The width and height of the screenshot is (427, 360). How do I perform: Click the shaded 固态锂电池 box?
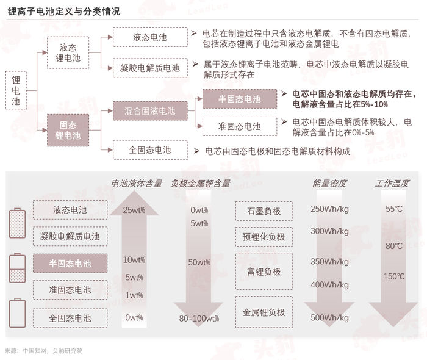tap(68, 130)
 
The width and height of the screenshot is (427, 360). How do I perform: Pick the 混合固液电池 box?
tap(149, 111)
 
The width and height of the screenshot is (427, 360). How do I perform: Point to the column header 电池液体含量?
tap(137, 182)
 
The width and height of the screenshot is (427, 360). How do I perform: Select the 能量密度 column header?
tap(329, 182)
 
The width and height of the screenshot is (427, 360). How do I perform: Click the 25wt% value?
tap(134, 210)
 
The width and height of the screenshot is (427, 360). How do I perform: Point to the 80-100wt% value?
tap(199, 318)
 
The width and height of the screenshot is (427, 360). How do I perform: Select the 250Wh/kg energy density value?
tap(329, 209)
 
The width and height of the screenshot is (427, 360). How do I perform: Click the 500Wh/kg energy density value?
tap(329, 317)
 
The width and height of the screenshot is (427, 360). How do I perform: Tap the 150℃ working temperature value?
tap(394, 276)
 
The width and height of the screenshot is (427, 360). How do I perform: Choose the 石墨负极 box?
tap(264, 211)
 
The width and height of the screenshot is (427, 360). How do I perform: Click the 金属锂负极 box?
tap(264, 312)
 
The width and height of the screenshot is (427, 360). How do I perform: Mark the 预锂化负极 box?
tap(264, 237)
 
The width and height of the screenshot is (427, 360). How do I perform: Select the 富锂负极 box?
tap(264, 272)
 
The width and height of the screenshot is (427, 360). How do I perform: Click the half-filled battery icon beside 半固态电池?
tap(18, 268)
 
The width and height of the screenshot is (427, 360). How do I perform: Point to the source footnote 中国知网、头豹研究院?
tap(52, 351)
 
